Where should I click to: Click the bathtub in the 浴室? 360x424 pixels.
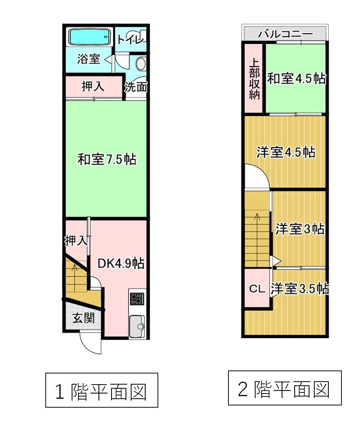click(x=89, y=37)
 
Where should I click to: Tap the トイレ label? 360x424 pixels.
click(x=130, y=39)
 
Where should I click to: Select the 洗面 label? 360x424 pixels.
click(x=136, y=87)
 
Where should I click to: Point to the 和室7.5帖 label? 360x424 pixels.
click(x=107, y=159)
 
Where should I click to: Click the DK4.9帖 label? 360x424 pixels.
click(x=121, y=263)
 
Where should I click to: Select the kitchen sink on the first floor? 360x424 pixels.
click(x=137, y=326)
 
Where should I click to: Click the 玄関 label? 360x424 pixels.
click(x=83, y=318)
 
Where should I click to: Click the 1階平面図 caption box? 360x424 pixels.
click(x=101, y=391)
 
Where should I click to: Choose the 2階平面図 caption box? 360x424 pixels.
click(x=284, y=388)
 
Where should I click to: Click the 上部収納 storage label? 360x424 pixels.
click(x=254, y=79)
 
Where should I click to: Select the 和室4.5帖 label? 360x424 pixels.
click(x=296, y=79)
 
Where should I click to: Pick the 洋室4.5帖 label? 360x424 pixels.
click(x=285, y=152)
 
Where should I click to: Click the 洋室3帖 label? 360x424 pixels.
click(x=300, y=229)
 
